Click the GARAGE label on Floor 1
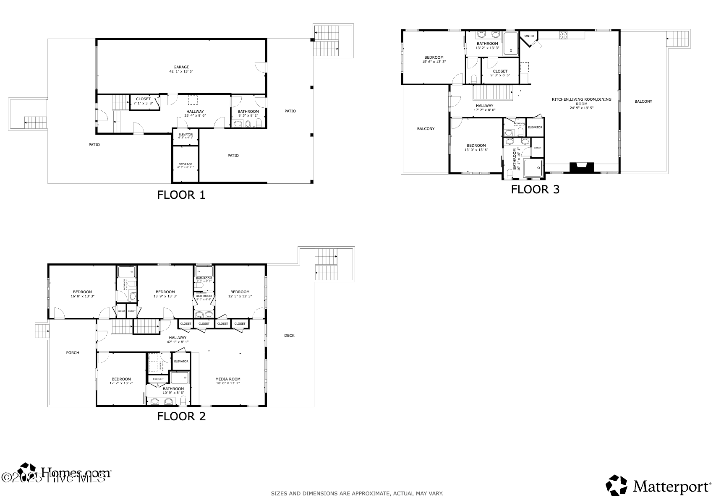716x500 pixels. click(x=181, y=67)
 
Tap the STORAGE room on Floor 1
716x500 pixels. click(x=186, y=164)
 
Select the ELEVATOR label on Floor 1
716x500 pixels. click(x=186, y=134)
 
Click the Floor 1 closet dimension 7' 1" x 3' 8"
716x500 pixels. click(x=144, y=103)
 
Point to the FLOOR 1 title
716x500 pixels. click(x=181, y=195)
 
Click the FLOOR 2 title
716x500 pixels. click(x=181, y=417)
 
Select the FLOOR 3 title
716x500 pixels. click(x=535, y=190)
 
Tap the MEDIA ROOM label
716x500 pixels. click(x=228, y=379)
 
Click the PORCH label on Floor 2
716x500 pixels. click(x=73, y=353)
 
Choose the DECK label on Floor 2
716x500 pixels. click(x=289, y=336)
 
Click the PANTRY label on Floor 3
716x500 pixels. click(x=529, y=36)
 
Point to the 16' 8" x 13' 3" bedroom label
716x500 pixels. click(x=82, y=297)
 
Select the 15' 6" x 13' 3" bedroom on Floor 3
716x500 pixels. click(x=434, y=60)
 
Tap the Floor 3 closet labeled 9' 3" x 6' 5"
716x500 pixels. click(x=500, y=73)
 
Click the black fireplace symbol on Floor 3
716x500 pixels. click(x=582, y=168)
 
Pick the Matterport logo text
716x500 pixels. click(x=671, y=487)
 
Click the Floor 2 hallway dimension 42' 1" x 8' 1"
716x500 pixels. click(x=178, y=342)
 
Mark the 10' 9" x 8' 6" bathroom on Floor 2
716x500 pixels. click(x=173, y=391)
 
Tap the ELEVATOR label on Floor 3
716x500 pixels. click(x=535, y=128)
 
